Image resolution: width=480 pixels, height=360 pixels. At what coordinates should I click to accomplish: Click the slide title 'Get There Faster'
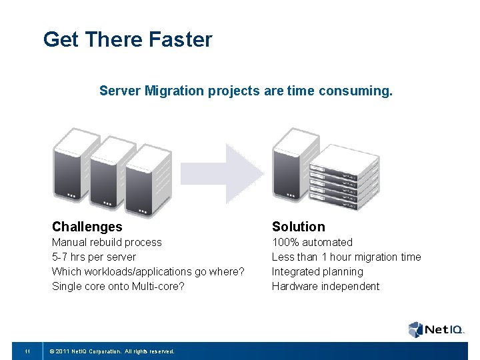(x=127, y=39)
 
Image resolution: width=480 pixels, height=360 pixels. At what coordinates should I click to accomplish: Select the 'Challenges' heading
(x=87, y=227)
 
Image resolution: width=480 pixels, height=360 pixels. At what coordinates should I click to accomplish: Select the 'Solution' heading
(x=298, y=227)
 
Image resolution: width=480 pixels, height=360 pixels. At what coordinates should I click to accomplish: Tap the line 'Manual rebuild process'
(x=107, y=242)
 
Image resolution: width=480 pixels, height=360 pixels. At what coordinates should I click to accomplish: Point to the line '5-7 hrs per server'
(x=94, y=257)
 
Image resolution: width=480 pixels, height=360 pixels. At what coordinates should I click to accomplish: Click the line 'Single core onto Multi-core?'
(x=119, y=286)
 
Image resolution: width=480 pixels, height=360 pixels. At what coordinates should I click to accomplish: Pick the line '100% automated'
(x=312, y=242)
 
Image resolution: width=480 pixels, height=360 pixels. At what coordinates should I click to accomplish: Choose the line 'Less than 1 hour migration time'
(x=346, y=257)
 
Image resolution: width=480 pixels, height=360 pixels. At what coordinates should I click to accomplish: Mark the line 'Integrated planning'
(x=317, y=271)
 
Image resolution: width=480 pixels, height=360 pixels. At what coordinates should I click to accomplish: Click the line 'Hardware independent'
(x=325, y=286)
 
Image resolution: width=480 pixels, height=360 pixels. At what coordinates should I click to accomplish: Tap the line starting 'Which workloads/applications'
(x=148, y=271)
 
